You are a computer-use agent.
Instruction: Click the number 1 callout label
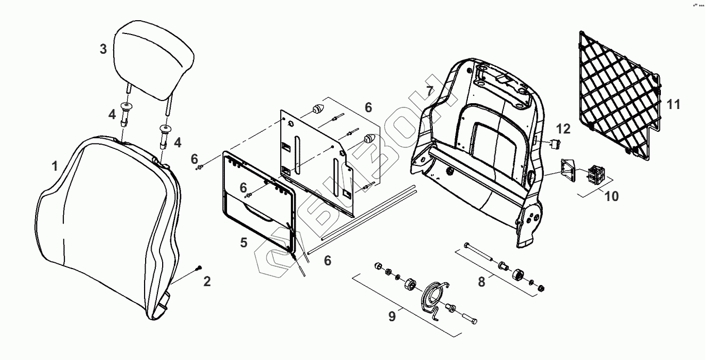tap(55, 166)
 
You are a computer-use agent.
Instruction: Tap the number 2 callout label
tap(207, 281)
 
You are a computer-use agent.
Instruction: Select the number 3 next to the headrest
tap(103, 49)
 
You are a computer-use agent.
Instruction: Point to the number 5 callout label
tap(244, 242)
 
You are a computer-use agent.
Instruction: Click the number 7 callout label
tap(430, 89)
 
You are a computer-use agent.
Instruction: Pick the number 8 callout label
tap(481, 282)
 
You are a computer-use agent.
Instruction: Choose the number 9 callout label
tap(392, 316)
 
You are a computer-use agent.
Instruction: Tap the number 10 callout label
tap(611, 196)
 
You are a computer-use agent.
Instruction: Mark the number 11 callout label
tap(674, 104)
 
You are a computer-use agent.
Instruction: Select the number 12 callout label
tap(563, 128)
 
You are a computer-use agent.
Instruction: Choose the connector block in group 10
tap(595, 173)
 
